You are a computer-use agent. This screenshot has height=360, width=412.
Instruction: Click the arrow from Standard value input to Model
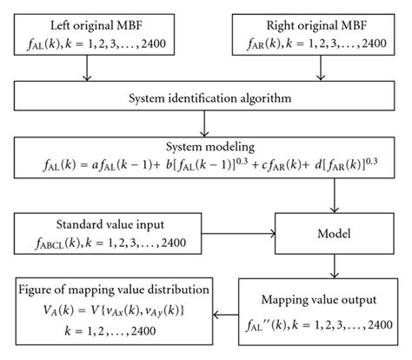pyautogui.click(x=249, y=233)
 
